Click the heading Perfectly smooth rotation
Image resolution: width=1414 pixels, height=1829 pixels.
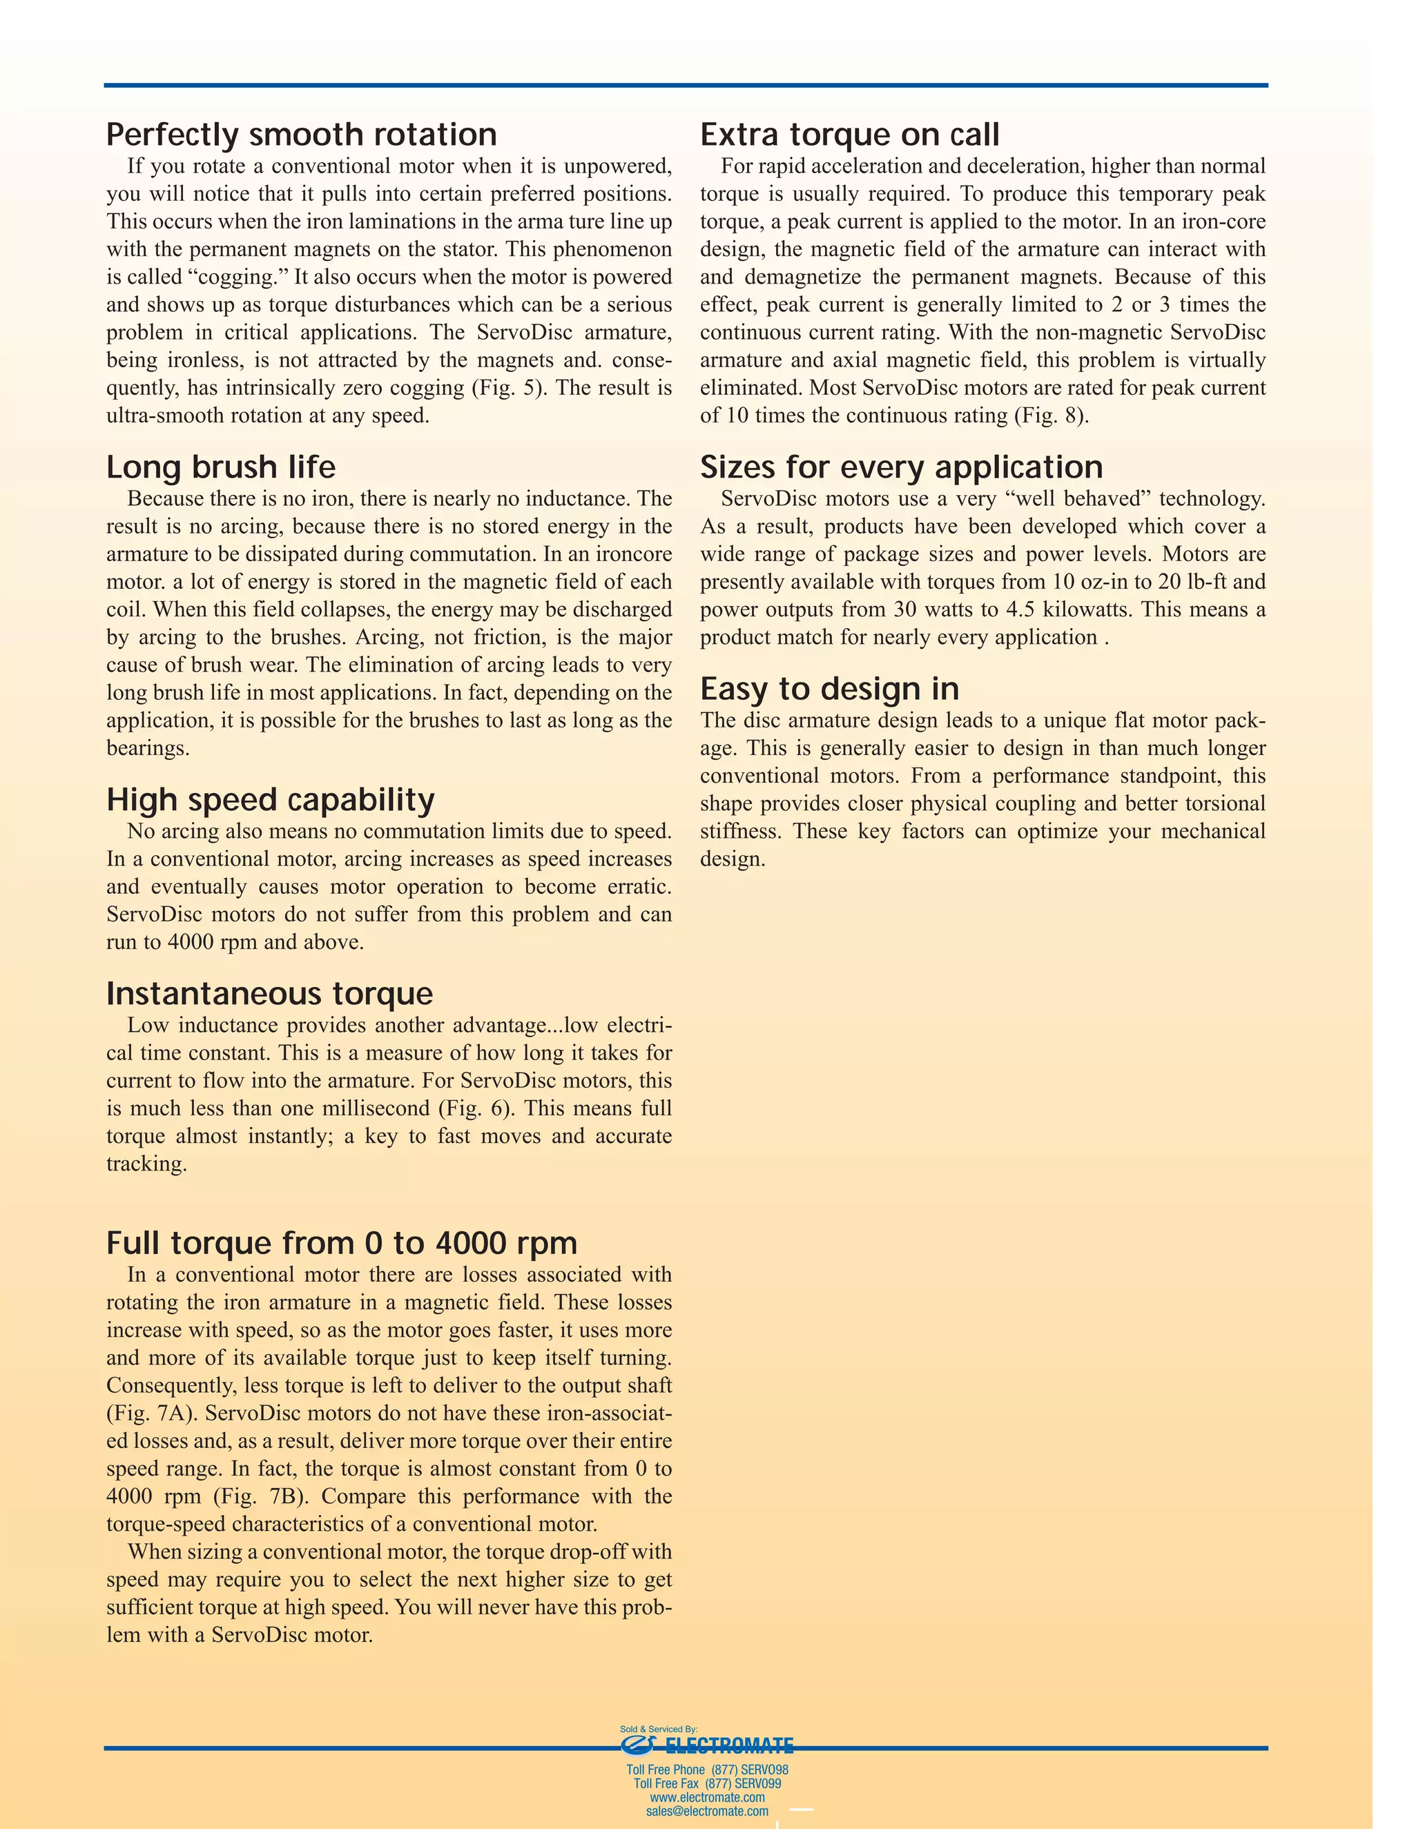coord(302,135)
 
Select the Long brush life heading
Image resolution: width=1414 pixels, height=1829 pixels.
coord(221,467)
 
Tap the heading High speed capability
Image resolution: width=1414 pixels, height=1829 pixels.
coord(271,800)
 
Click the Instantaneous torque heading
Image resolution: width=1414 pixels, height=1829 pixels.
coord(270,994)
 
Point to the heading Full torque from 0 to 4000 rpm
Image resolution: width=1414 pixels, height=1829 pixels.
coord(342,1243)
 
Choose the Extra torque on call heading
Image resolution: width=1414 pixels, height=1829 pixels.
coord(849,135)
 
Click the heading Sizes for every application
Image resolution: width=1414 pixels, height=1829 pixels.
coord(901,467)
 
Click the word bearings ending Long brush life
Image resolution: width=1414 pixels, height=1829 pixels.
coord(148,748)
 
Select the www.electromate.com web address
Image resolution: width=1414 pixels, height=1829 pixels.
coord(707,1797)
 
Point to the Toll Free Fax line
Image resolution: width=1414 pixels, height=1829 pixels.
coord(707,1783)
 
